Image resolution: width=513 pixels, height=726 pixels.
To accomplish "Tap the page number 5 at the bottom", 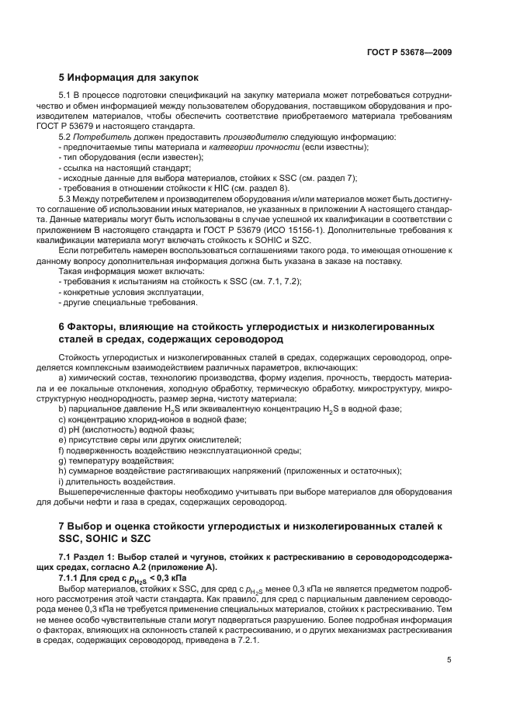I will [x=449, y=660].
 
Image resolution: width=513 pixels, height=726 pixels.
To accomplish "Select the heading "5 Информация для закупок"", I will [x=129, y=78].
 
